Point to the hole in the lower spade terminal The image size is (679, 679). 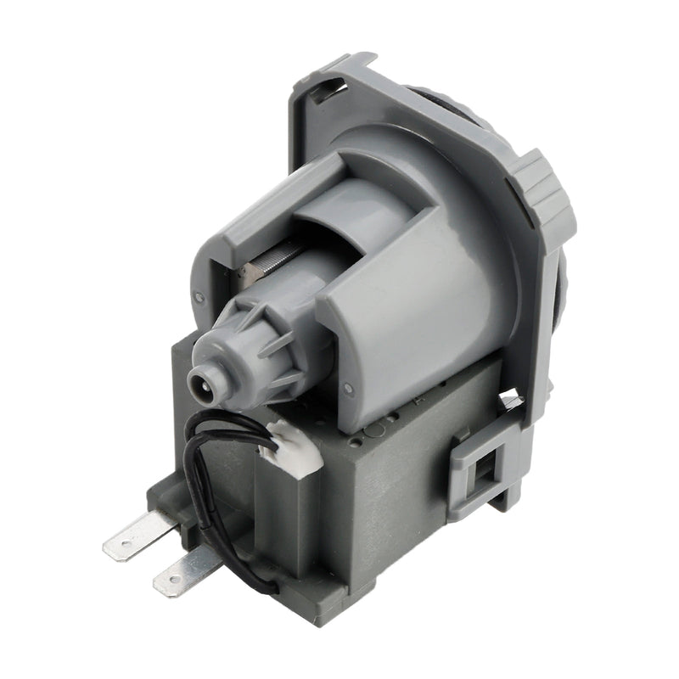click(174, 578)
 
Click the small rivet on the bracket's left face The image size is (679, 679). click(199, 298)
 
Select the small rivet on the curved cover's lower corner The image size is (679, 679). click(346, 390)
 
